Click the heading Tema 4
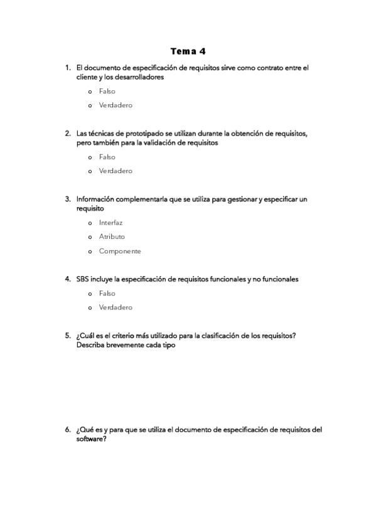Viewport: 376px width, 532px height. pyautogui.click(x=188, y=51)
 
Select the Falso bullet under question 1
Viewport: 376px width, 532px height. pyautogui.click(x=90, y=92)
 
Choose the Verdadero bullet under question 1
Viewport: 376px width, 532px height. pyautogui.click(x=90, y=105)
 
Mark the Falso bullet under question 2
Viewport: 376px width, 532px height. pyautogui.click(x=90, y=157)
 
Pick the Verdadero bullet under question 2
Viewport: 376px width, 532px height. pyautogui.click(x=90, y=171)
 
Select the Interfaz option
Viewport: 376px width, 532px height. pyautogui.click(x=90, y=223)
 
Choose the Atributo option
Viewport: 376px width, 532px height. pyautogui.click(x=90, y=237)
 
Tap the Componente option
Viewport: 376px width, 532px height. pyautogui.click(x=90, y=252)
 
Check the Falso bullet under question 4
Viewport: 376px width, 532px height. pyautogui.click(x=90, y=294)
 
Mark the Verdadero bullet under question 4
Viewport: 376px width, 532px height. pyautogui.click(x=90, y=308)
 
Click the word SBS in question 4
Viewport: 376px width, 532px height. pyautogui.click(x=82, y=279)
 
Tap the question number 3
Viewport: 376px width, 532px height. pyautogui.click(x=67, y=199)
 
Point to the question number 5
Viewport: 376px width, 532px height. pyautogui.click(x=67, y=336)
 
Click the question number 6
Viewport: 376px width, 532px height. pyautogui.click(x=67, y=430)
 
